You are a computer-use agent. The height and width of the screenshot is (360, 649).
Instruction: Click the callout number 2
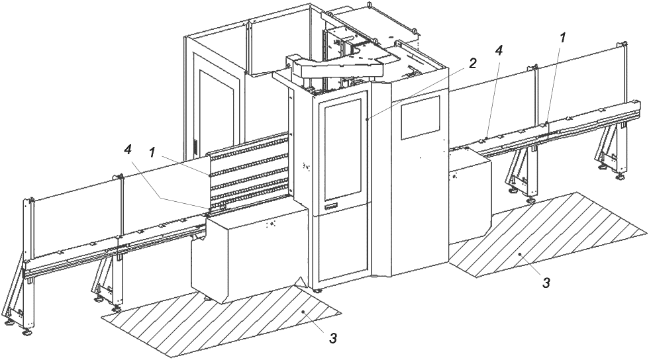pyautogui.click(x=473, y=64)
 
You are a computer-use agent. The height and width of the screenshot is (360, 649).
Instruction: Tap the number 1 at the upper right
pyautogui.click(x=562, y=38)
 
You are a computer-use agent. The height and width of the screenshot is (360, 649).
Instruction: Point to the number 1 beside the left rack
pyautogui.click(x=152, y=153)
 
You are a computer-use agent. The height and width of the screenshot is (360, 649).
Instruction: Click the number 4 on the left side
pyautogui.click(x=126, y=148)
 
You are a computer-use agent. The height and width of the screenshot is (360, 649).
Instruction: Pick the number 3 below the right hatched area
pyautogui.click(x=546, y=283)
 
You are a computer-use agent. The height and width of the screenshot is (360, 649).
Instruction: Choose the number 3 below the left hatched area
pyautogui.click(x=332, y=337)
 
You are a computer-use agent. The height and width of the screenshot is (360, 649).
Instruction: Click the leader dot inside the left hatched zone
pyautogui.click(x=304, y=310)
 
